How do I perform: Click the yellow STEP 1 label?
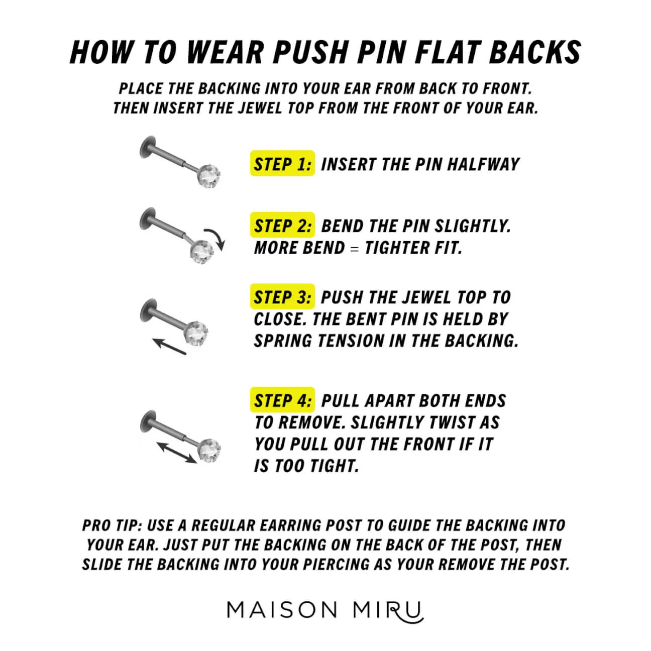tap(282, 164)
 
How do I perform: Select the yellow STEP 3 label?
tap(282, 297)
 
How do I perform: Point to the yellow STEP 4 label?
tap(282, 400)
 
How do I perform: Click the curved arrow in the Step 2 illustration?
tap(215, 239)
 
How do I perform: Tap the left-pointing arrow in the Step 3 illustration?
tap(169, 347)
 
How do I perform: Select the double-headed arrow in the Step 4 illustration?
tap(176, 452)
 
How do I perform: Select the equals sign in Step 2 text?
tap(355, 249)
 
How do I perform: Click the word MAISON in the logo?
tap(282, 610)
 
